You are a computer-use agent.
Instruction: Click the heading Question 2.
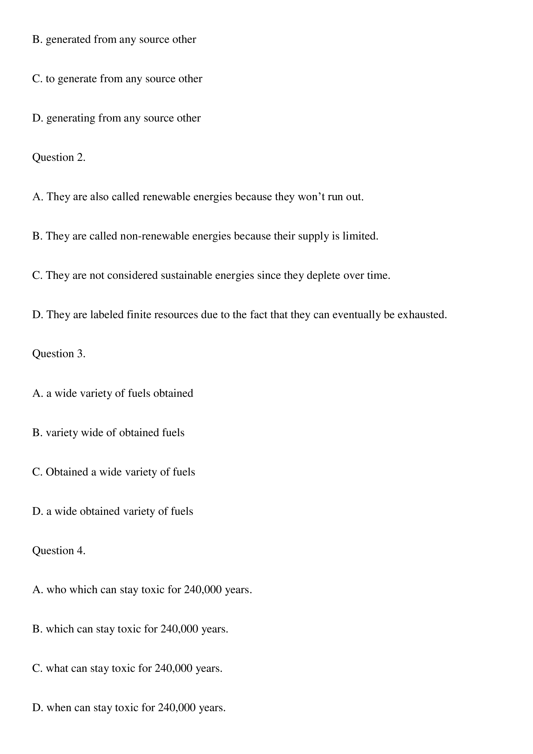pos(58,158)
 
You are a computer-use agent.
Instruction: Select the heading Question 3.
pos(58,354)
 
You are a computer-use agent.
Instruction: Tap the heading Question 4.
pos(58,550)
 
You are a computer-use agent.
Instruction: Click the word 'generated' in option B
pos(68,40)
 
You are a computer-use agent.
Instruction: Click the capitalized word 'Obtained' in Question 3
pos(67,472)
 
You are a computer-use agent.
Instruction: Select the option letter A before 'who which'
pos(37,590)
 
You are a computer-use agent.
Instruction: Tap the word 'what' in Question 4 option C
pos(57,668)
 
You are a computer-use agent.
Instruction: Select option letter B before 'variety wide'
pos(37,433)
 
